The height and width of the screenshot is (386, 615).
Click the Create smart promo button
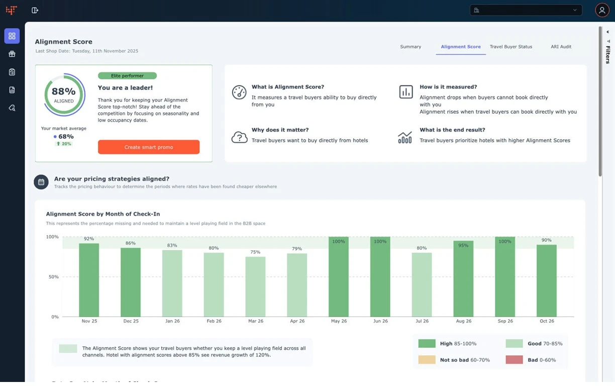(149, 147)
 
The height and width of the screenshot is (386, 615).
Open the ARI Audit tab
(561, 47)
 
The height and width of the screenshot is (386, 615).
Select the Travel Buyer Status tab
(510, 47)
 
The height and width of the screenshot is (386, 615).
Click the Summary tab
(411, 47)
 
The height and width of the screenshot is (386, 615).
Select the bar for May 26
(339, 276)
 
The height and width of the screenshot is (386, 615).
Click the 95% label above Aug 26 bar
(463, 246)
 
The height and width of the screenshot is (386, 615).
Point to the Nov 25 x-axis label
(89, 321)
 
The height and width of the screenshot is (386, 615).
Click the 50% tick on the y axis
(52, 277)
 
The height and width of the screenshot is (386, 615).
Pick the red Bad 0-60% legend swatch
(514, 360)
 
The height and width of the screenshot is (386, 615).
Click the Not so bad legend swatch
(427, 360)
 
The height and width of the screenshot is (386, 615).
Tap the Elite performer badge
(127, 76)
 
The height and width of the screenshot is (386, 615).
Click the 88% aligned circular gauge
(64, 94)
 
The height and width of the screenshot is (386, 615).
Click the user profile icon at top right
(602, 10)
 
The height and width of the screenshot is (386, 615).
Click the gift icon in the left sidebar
(12, 54)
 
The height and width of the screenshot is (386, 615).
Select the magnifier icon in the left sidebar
(12, 108)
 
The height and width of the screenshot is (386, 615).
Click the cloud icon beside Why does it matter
(239, 137)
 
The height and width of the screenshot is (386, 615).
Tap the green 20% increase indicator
(64, 144)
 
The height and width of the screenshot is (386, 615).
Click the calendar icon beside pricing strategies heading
(41, 182)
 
